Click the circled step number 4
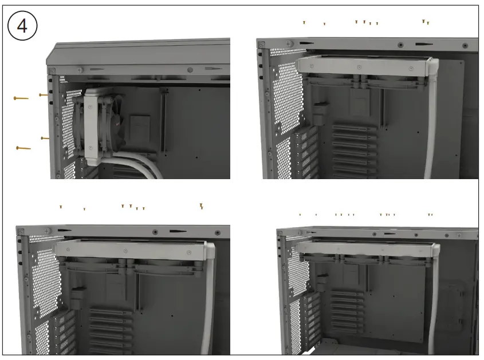click(23, 26)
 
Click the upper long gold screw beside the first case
click(21, 98)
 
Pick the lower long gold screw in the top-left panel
click(23, 148)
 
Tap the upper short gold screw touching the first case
click(43, 95)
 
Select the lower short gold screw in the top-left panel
click(45, 138)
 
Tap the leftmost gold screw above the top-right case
click(304, 23)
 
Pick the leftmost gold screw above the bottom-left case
click(61, 207)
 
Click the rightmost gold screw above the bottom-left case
click(202, 206)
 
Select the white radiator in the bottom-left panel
click(132, 250)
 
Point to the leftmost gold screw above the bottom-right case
click(300, 215)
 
